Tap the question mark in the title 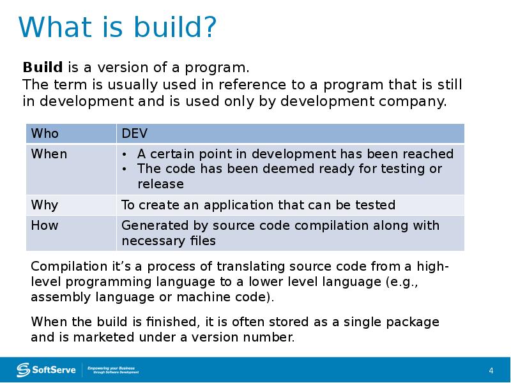[208, 28]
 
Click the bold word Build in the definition [43, 68]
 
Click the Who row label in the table [45, 133]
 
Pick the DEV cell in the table [134, 133]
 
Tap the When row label [49, 154]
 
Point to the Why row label [45, 205]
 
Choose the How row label [45, 225]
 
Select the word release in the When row [160, 184]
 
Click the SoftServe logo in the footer [46, 370]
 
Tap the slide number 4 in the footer [491, 371]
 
